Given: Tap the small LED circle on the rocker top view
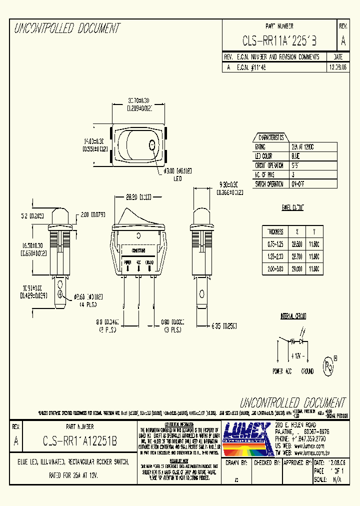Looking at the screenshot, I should pyautogui.click(x=151, y=145).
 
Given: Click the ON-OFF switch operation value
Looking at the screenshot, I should pyautogui.click(x=298, y=183).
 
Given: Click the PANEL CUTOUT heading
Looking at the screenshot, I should pyautogui.click(x=292, y=207).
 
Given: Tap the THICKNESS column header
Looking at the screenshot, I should pyautogui.click(x=275, y=231).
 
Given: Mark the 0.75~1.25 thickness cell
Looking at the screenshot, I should pyautogui.click(x=275, y=244).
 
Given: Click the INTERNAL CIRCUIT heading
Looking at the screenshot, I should pyautogui.click(x=293, y=316).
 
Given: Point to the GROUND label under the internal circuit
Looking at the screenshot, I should pyautogui.click(x=307, y=371).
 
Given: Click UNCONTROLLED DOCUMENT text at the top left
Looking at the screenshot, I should pyautogui.click(x=67, y=28).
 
